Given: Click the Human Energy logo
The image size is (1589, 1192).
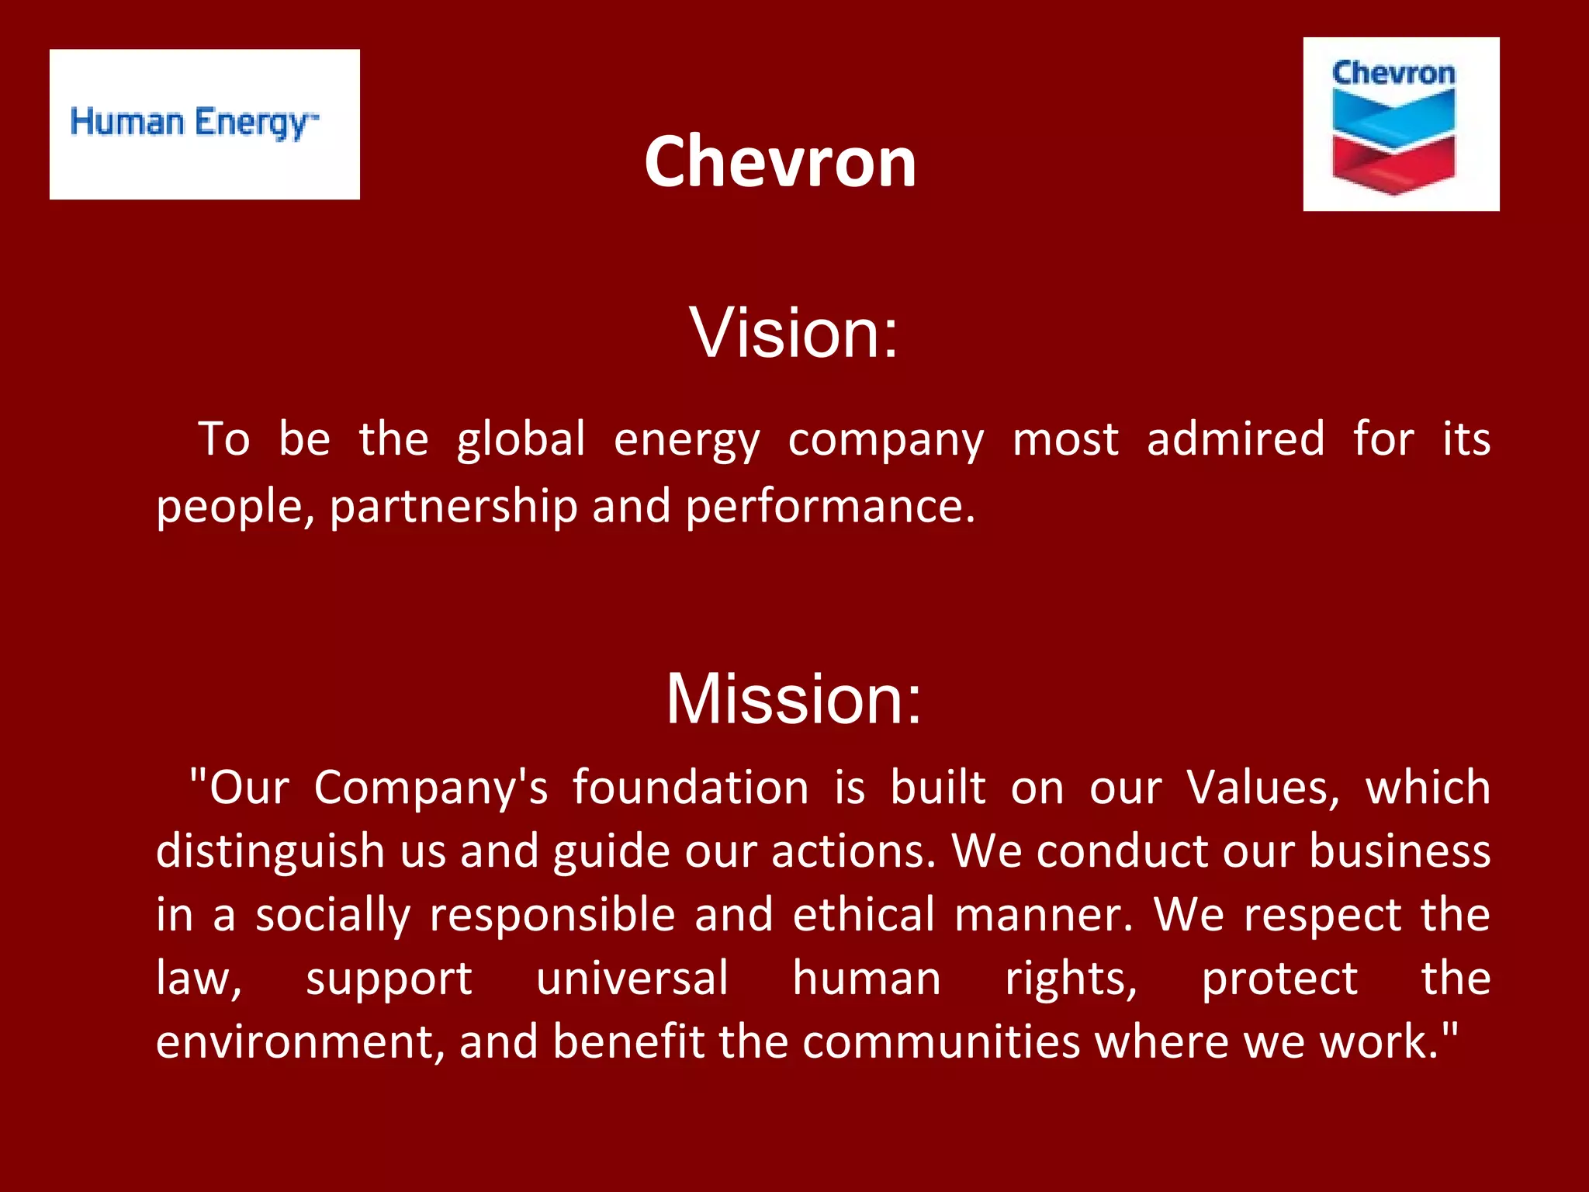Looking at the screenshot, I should click(x=204, y=124).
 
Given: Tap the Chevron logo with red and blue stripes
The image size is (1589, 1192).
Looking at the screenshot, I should click(x=1400, y=124).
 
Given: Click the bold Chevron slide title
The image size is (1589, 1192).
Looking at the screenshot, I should click(x=780, y=161).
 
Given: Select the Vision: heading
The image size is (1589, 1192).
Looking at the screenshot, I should click(x=793, y=332).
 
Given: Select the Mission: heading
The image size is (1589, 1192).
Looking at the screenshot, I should click(x=793, y=698).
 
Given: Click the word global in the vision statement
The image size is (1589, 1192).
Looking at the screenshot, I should click(x=521, y=439).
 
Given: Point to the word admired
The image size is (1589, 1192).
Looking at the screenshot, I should click(x=1235, y=439).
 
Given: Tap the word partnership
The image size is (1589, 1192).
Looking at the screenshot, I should click(x=454, y=508).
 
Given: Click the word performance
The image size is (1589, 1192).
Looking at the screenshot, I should click(x=829, y=508).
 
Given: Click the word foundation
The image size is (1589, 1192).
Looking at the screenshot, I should click(x=691, y=788).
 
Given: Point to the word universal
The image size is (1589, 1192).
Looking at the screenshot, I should click(x=632, y=979).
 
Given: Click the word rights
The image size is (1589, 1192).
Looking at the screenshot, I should click(x=1071, y=979).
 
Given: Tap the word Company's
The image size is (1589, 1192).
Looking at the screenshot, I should click(x=431, y=788).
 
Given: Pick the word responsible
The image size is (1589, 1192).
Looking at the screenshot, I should click(x=552, y=915).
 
